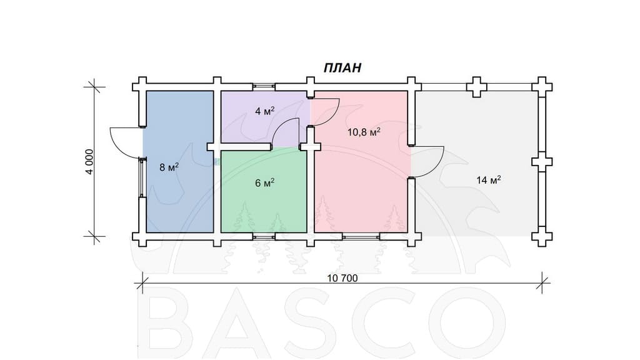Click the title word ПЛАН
[342, 67]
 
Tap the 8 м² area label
[169, 167]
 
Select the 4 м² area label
[264, 111]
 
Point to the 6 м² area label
[264, 183]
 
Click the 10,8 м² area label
[364, 132]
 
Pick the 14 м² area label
[489, 179]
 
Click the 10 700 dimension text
[342, 278]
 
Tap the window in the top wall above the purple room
[263, 86]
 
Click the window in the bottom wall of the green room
[263, 236]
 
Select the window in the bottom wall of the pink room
[362, 236]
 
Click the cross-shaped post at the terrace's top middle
[476, 87]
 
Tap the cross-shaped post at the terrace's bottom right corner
[542, 236]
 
